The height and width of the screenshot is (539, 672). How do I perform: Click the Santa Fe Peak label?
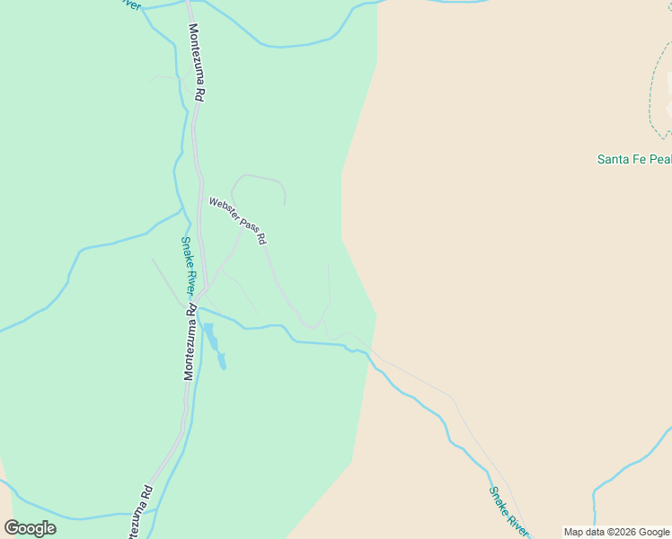point(634,160)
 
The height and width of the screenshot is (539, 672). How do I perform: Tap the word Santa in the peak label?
point(614,160)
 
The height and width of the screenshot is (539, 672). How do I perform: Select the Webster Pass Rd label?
point(237,221)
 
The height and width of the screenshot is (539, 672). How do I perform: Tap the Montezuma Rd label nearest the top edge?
point(198,62)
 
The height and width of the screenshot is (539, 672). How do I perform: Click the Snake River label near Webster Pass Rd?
point(188,265)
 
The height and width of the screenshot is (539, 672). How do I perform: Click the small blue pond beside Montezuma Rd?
point(215,347)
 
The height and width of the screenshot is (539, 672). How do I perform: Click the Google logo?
point(31,528)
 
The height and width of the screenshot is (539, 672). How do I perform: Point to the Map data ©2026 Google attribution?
point(616,532)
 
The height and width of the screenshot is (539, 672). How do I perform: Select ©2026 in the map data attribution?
point(617,532)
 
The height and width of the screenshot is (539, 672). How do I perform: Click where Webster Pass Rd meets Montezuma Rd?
point(203,294)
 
